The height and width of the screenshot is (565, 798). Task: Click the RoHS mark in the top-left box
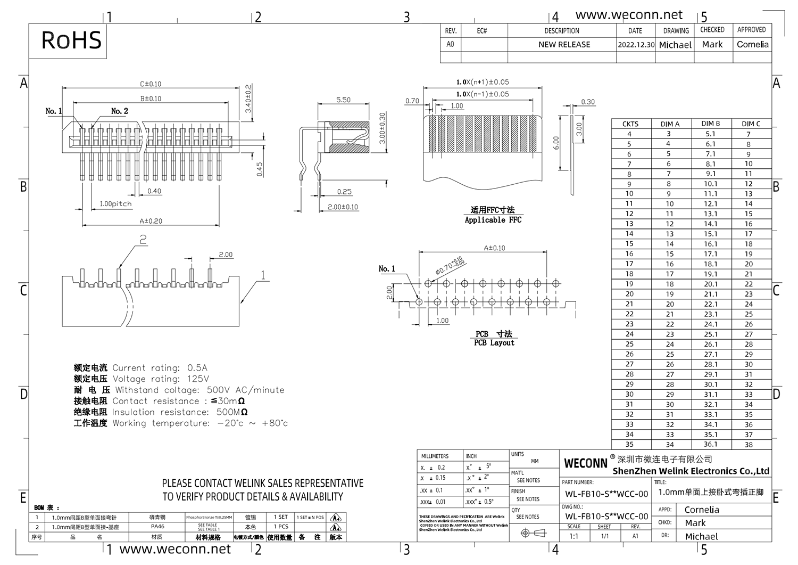tap(71, 40)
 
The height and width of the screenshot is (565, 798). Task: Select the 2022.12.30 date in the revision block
tap(636, 45)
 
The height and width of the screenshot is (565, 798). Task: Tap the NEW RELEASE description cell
tap(564, 45)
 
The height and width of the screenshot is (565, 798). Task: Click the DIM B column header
tap(710, 124)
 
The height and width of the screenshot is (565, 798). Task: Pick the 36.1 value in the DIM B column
tap(710, 444)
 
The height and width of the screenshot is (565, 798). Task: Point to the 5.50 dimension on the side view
tap(343, 100)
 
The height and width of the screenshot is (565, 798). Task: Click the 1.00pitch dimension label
tap(115, 204)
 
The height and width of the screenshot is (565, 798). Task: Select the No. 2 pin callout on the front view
tap(119, 111)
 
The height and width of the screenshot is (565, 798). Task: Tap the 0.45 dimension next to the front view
tap(260, 169)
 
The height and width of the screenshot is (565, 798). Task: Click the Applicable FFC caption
tap(493, 220)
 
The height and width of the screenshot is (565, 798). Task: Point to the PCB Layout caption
tap(494, 343)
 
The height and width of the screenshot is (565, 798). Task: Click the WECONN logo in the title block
tap(585, 463)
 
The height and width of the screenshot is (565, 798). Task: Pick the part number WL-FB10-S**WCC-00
tap(606, 494)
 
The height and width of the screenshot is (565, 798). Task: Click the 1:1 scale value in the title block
tap(573, 536)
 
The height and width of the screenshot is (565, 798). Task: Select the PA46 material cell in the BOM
tap(157, 527)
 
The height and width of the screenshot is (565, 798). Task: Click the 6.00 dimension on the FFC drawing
tap(555, 143)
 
